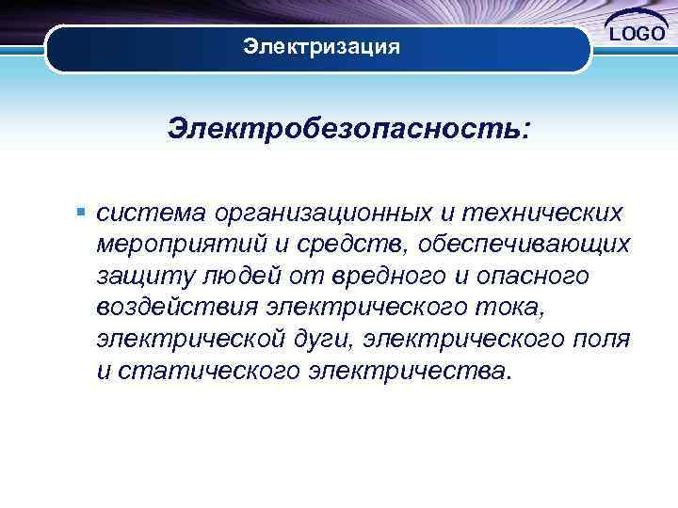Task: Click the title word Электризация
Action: [x=321, y=46]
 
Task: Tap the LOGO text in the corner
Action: [x=638, y=35]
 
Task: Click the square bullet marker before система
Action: [x=84, y=213]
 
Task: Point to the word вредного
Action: [x=395, y=277]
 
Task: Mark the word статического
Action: [x=204, y=371]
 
